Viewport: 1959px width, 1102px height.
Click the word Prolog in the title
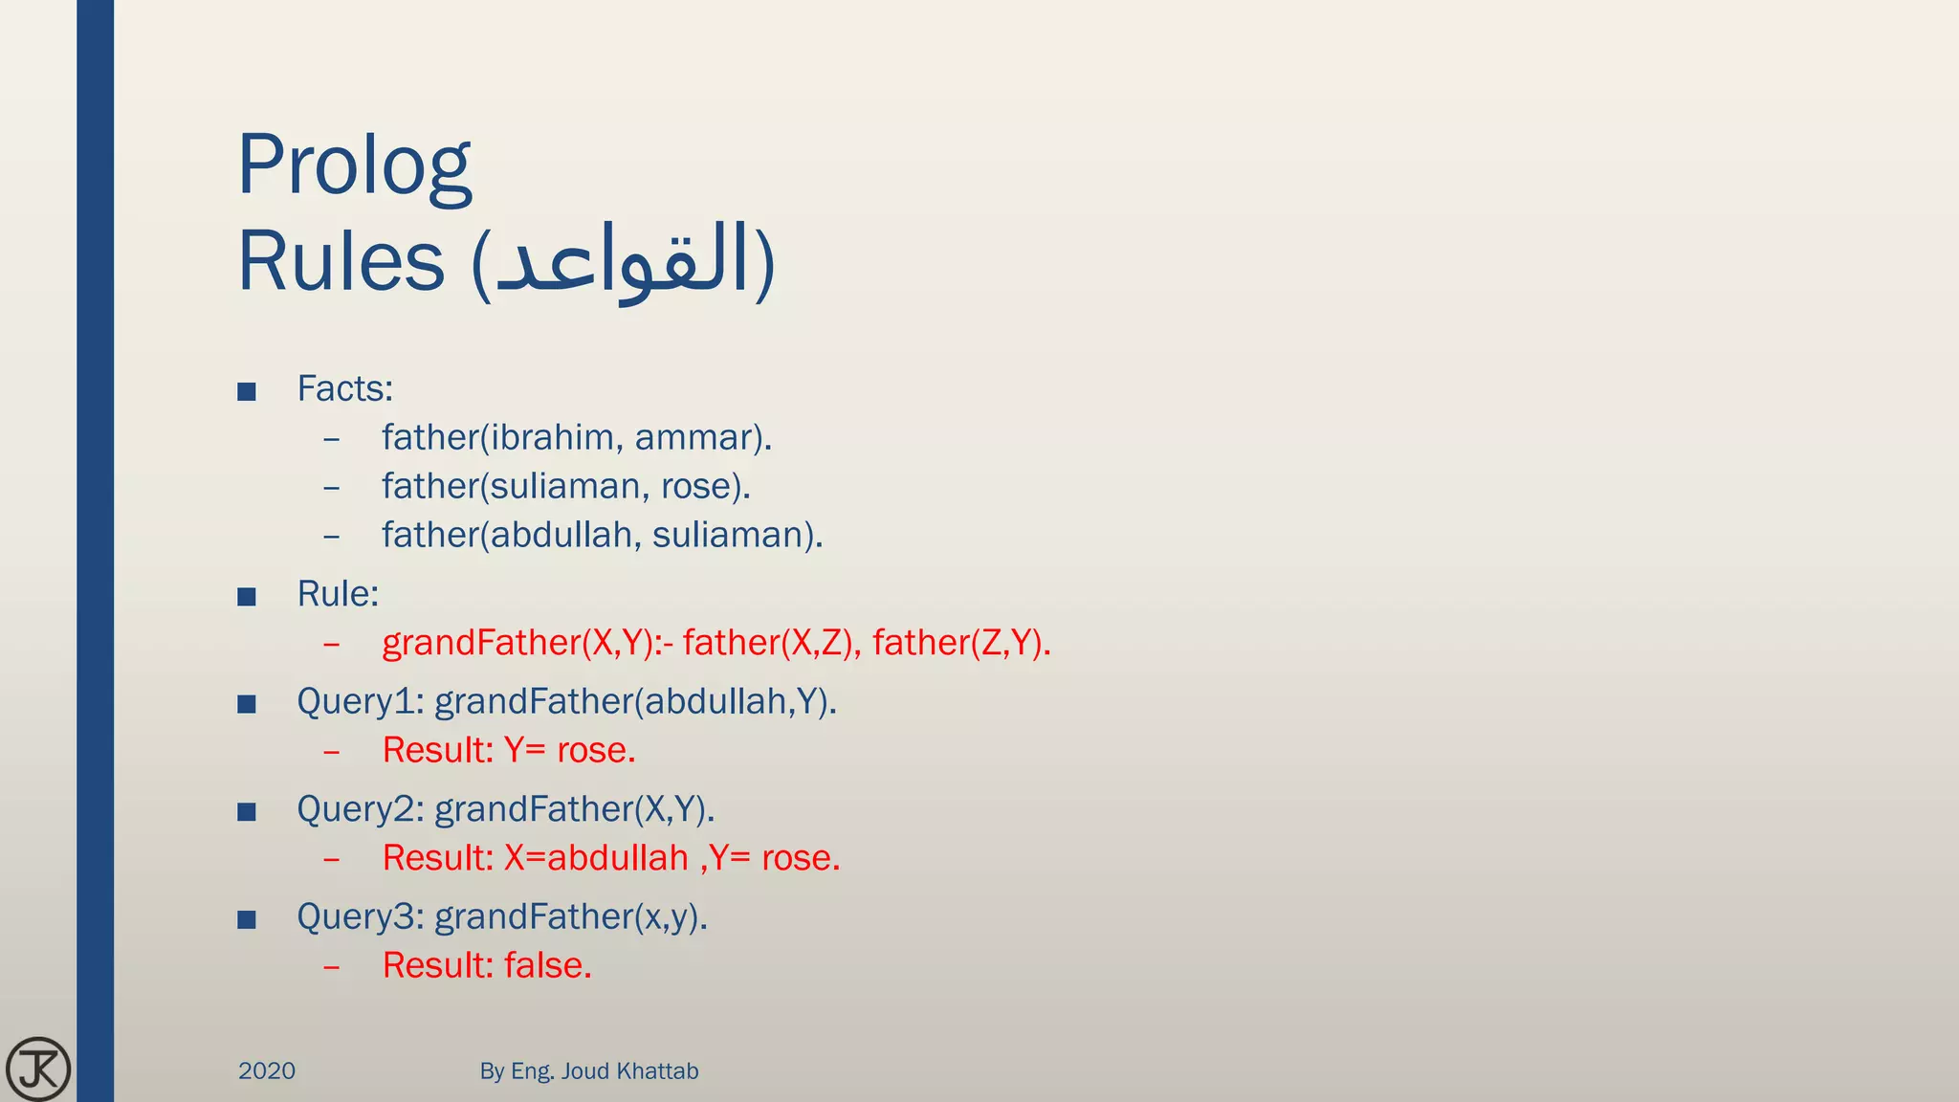tap(354, 166)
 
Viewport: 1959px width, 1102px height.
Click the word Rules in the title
tap(341, 262)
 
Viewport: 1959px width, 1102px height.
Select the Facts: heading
tap(344, 388)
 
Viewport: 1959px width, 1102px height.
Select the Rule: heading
tap(338, 594)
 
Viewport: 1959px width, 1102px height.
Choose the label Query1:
tap(360, 702)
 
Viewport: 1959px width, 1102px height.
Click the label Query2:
tap(360, 809)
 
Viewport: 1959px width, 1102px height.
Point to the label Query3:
tap(360, 917)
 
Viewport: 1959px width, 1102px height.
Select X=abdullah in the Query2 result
tap(596, 858)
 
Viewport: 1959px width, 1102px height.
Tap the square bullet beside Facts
tap(247, 391)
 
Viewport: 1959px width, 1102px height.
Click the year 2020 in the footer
tap(267, 1070)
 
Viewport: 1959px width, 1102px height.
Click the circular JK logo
tap(38, 1069)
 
